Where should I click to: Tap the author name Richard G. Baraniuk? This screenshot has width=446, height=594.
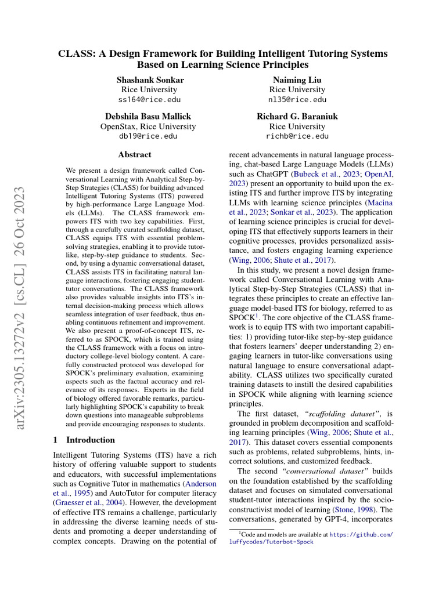tap(297, 116)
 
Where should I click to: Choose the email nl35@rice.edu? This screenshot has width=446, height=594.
tap(297, 99)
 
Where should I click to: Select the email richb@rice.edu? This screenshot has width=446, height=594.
tap(297, 136)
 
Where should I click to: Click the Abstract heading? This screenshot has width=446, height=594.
tap(135, 155)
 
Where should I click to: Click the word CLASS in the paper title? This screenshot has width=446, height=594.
tap(74, 53)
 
